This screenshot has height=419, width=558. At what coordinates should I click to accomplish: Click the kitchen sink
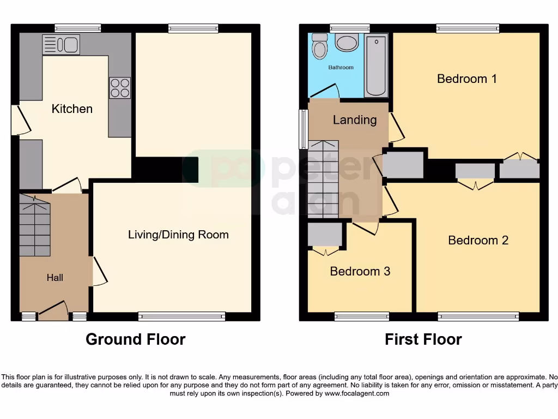click(61, 44)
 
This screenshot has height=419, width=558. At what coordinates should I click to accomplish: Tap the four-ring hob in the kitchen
click(120, 88)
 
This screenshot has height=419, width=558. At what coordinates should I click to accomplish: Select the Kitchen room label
click(72, 109)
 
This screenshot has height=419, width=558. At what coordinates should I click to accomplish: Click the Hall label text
click(54, 278)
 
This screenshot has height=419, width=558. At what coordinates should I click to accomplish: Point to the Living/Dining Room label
click(178, 235)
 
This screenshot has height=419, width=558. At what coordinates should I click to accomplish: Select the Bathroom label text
click(341, 68)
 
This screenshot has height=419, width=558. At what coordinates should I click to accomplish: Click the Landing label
click(355, 119)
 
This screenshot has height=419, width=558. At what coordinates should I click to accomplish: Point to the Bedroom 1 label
click(467, 79)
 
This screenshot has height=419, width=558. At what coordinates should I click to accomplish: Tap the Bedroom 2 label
click(478, 240)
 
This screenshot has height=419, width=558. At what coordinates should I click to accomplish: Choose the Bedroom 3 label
click(360, 271)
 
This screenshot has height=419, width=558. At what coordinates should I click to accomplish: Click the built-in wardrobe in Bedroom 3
click(325, 235)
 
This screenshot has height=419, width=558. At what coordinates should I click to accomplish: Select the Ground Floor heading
click(135, 339)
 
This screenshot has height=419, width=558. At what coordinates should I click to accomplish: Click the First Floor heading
click(423, 339)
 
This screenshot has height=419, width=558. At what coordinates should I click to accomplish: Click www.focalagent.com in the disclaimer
click(356, 393)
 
